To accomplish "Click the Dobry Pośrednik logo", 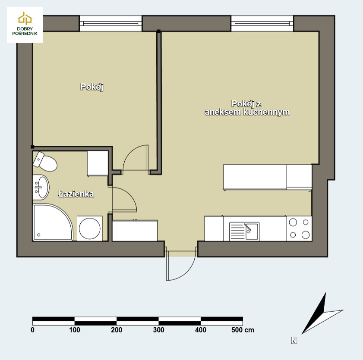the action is [x=25, y=25].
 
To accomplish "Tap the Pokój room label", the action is [x=92, y=87].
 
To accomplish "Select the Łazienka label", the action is [x=76, y=194].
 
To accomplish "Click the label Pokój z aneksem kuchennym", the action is [x=247, y=108].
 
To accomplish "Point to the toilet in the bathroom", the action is [x=45, y=161].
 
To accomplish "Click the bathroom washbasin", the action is [x=41, y=187].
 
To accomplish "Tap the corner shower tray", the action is [x=52, y=222].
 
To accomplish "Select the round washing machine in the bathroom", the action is [x=90, y=229].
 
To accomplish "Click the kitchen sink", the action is [x=244, y=231].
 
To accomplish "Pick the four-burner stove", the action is [x=299, y=229].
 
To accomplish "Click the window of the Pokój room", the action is [x=110, y=23].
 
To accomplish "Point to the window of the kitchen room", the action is [x=262, y=23].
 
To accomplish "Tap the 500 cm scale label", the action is [x=243, y=330].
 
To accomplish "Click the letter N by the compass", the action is [x=294, y=341].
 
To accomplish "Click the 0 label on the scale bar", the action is [x=33, y=330].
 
